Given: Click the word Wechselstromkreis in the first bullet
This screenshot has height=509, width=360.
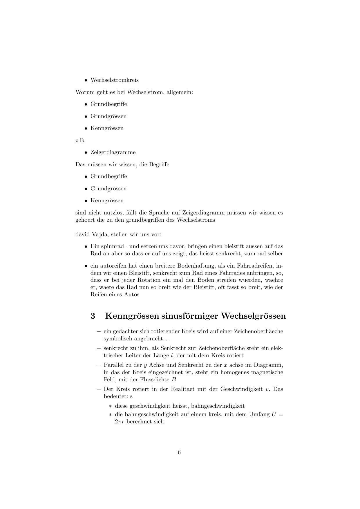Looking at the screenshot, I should (114, 80).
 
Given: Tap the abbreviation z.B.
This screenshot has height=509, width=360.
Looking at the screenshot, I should (80, 140).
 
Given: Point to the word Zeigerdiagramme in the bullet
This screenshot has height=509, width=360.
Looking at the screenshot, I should (113, 152).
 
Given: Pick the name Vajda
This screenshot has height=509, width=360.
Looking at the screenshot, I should (100, 234).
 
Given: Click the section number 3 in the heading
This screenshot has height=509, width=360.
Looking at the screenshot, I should (93, 316).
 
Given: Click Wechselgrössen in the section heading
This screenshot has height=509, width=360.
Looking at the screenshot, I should (253, 316).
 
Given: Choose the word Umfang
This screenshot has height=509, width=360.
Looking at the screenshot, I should (259, 414).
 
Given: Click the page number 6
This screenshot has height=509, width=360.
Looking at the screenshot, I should (179, 452).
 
